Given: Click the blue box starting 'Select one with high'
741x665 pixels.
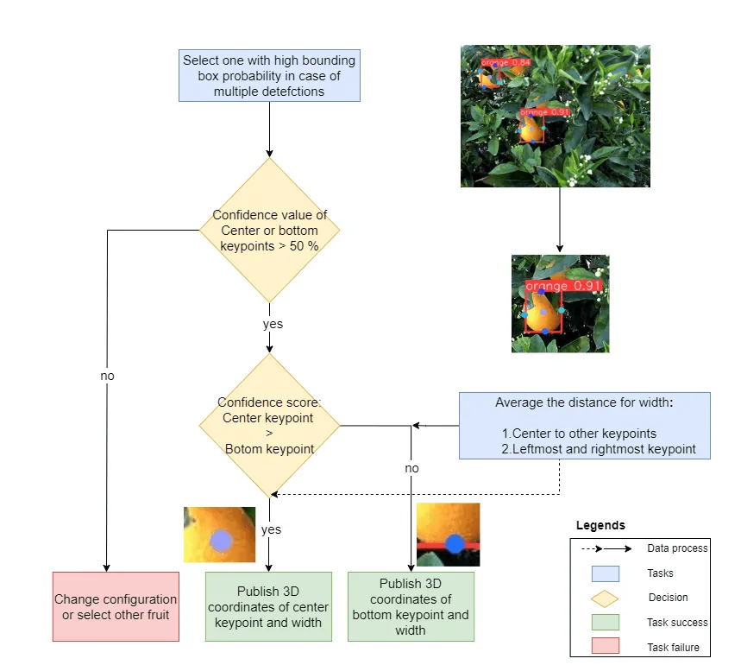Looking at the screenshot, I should [x=269, y=76].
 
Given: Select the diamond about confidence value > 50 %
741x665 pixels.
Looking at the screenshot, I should [x=269, y=230].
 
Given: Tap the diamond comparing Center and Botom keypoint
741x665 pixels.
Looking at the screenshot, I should [x=269, y=425].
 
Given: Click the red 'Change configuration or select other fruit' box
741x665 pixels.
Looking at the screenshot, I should [x=116, y=605].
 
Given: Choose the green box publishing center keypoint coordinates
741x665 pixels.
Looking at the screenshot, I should [x=268, y=605].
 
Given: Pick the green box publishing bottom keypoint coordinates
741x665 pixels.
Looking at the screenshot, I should [x=411, y=605].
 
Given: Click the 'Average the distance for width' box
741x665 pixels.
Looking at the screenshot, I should [x=584, y=425].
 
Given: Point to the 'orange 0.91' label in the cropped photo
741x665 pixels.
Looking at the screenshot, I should [x=560, y=286].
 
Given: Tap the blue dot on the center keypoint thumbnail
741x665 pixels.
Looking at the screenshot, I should [x=222, y=541].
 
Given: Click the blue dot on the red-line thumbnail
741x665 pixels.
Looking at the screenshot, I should [x=454, y=544].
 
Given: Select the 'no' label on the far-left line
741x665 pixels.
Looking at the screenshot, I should [x=107, y=376].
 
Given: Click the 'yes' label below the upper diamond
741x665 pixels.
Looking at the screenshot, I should [x=273, y=325].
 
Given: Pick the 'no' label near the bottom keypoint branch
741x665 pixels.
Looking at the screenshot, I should [x=412, y=467].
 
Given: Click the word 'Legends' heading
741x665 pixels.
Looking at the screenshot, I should [x=601, y=525].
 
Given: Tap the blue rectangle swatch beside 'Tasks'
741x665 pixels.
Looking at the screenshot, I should [x=605, y=573].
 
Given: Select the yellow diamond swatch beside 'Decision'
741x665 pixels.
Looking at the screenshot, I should [x=605, y=598].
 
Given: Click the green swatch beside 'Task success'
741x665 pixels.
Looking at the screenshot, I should [x=605, y=622].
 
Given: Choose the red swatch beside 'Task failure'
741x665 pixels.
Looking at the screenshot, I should [x=605, y=646].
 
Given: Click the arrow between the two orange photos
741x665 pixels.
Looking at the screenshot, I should [x=560, y=219].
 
